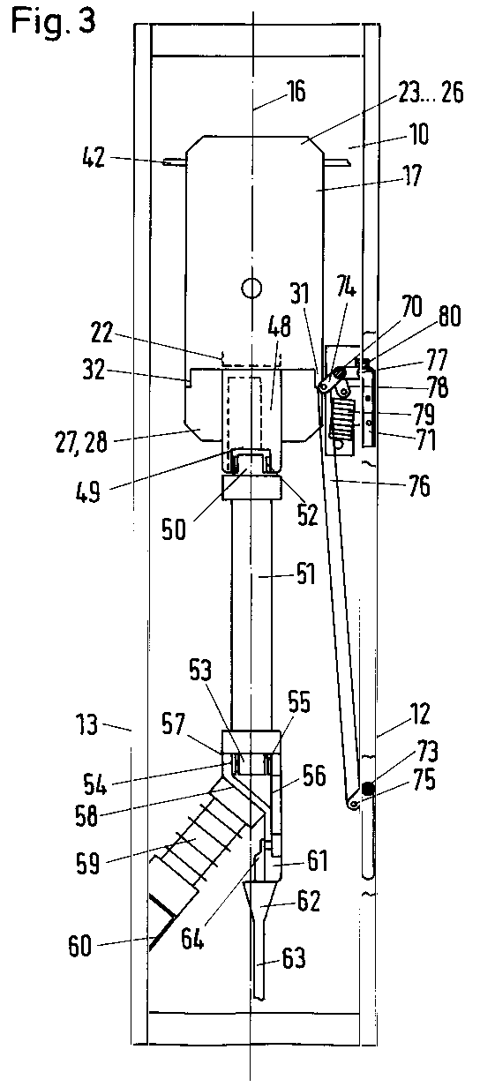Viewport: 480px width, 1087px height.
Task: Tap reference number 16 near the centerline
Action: (296, 92)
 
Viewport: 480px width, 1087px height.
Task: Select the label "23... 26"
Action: (431, 93)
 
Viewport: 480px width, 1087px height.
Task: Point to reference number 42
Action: (94, 158)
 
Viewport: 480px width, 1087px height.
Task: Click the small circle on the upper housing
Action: (251, 288)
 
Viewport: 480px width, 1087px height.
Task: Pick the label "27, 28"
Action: (81, 443)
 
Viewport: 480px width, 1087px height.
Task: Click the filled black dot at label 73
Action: (367, 790)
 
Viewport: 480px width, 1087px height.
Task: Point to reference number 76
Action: (418, 486)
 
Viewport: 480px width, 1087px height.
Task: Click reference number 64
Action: (192, 937)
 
